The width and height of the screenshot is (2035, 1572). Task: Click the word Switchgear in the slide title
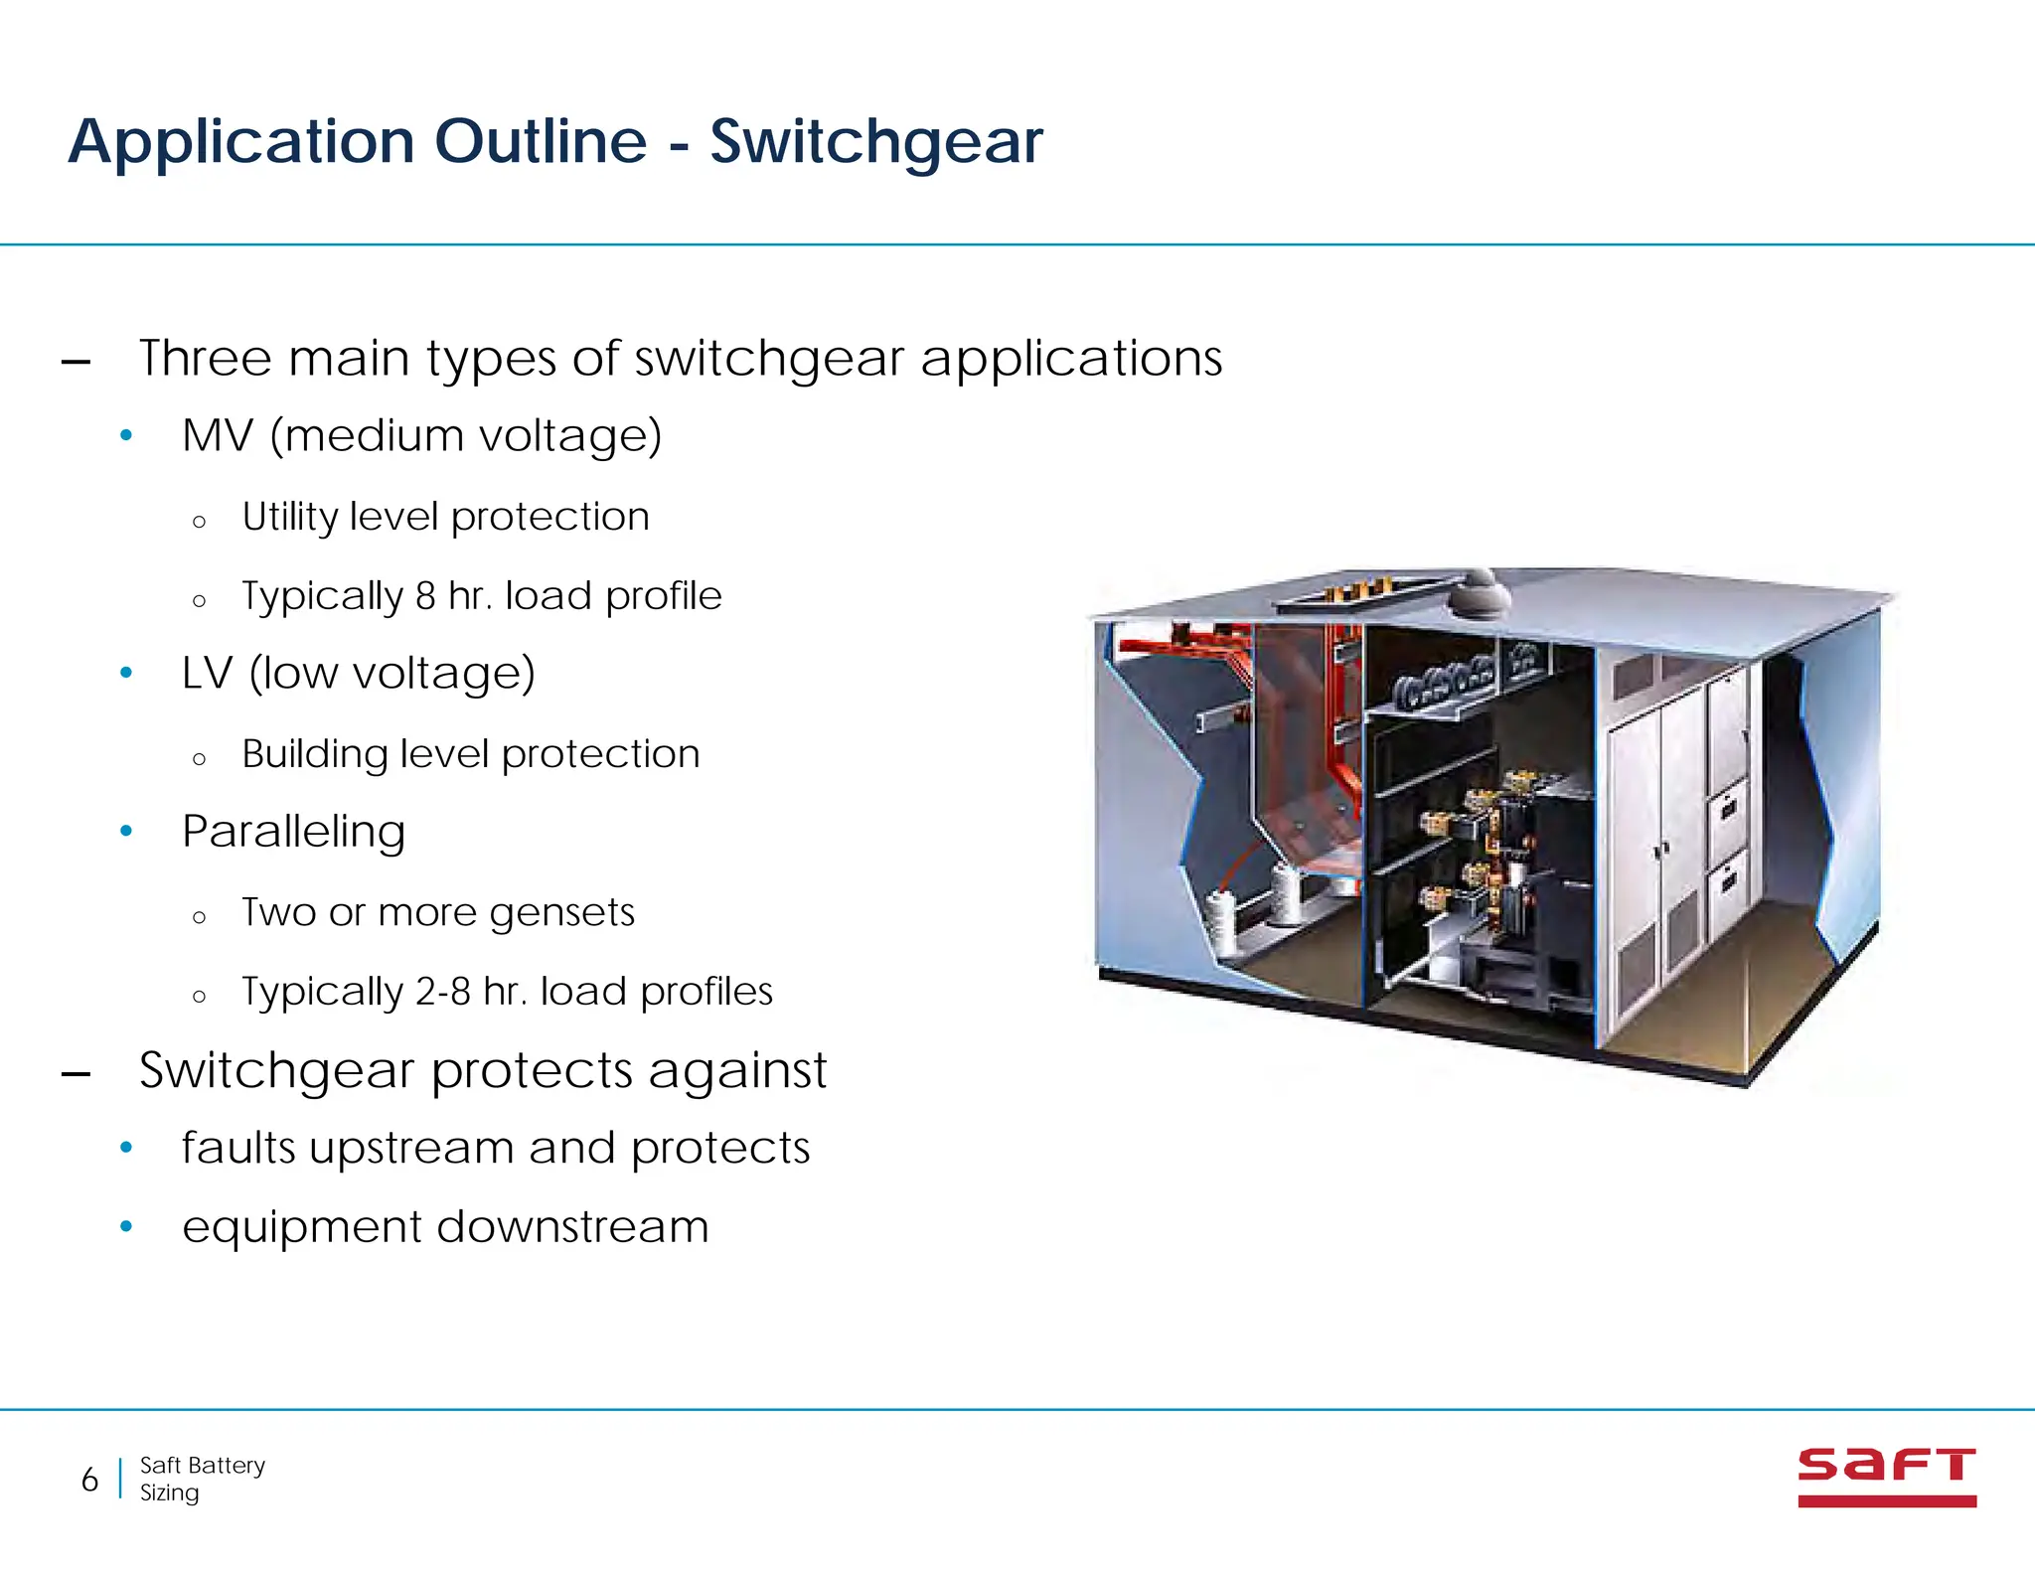tap(875, 142)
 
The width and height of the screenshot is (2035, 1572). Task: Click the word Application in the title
tap(240, 142)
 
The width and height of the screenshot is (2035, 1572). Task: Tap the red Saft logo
tap(1886, 1477)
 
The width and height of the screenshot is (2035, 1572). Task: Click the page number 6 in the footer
tap(89, 1480)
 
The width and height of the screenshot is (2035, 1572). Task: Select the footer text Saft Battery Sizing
tap(202, 1479)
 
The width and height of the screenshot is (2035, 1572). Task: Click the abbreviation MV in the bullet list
tap(218, 436)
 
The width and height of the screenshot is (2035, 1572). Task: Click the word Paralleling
tap(293, 832)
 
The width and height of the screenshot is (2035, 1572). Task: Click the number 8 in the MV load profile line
tap(425, 596)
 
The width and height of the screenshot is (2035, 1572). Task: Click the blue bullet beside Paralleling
tap(126, 831)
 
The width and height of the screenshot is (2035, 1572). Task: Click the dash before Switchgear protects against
tap(77, 1074)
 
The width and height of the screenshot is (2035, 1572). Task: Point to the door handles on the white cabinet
tap(1660, 850)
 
